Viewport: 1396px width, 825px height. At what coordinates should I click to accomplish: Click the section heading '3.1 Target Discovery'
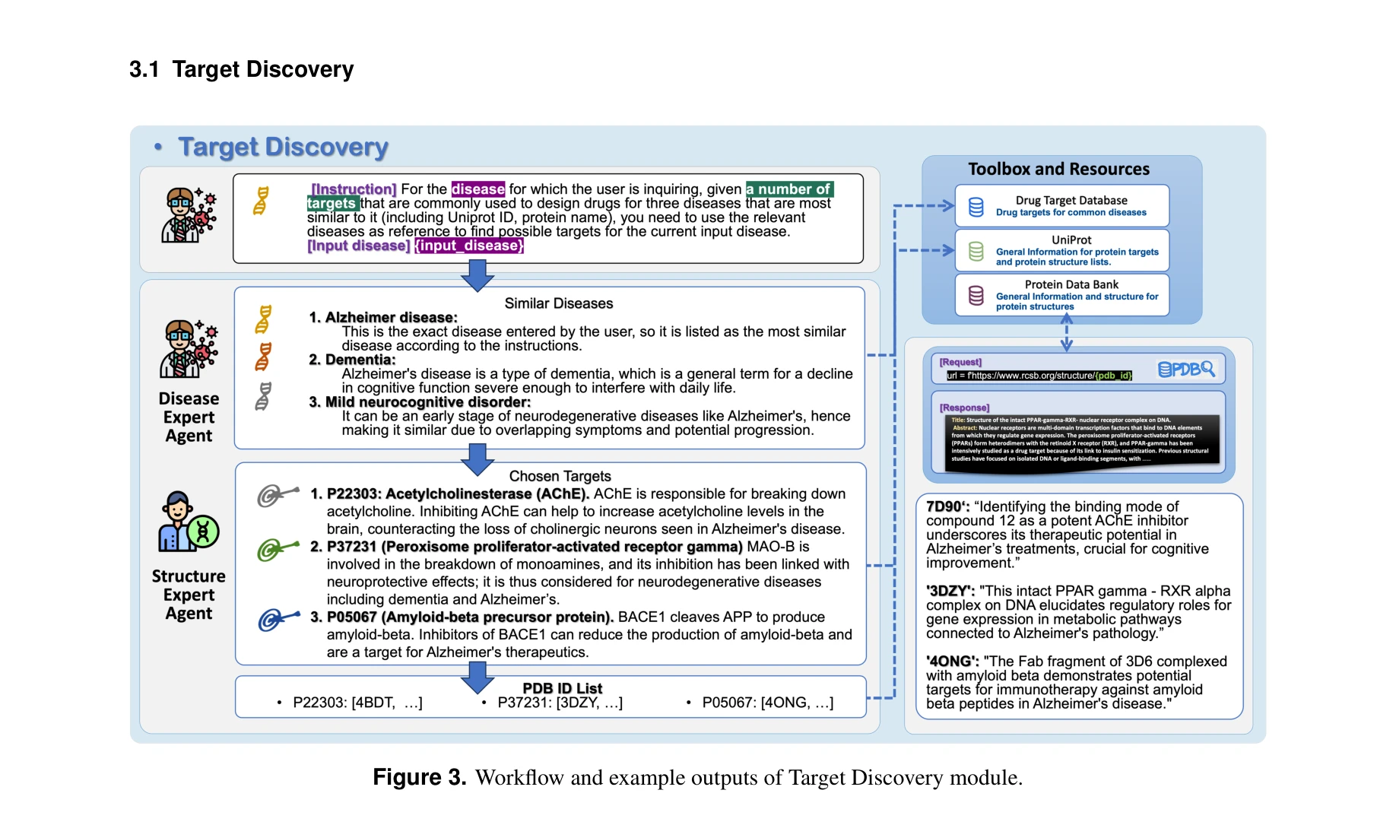[241, 69]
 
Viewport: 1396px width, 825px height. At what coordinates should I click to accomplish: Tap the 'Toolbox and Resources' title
[1058, 169]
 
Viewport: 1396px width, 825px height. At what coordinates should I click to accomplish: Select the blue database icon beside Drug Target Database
[976, 206]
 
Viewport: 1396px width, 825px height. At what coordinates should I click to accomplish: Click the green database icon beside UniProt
[976, 251]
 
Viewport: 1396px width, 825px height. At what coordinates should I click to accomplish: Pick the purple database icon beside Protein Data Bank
[976, 295]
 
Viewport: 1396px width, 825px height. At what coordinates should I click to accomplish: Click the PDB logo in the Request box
[1185, 370]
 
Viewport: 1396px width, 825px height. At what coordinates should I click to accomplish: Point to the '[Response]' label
[964, 408]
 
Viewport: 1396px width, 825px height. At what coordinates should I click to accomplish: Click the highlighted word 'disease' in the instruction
[477, 189]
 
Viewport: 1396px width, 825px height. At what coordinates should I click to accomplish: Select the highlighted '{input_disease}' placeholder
[469, 246]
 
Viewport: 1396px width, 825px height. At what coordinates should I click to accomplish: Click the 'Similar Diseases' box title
[559, 303]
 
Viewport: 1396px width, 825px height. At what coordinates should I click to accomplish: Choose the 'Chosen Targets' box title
[560, 476]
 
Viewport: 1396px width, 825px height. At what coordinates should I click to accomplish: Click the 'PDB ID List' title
[562, 687]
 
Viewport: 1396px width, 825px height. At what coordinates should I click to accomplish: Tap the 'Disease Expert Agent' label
[189, 417]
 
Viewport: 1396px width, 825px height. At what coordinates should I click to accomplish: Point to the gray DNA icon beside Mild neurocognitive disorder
[263, 396]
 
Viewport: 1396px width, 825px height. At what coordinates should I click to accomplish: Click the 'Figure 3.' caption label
[419, 777]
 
